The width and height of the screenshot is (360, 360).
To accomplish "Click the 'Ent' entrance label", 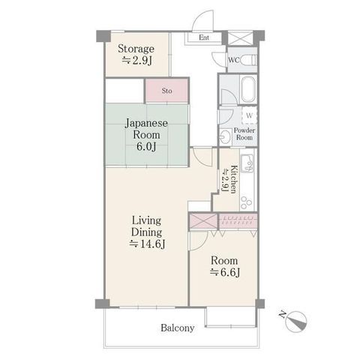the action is coord(204,37).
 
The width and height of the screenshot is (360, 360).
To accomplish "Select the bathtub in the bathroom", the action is coord(248,89).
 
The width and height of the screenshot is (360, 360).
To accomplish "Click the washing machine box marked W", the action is coord(250,115).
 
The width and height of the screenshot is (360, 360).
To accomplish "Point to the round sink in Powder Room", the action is coord(226,136).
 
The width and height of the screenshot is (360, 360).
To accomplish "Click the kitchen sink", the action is coord(247,163).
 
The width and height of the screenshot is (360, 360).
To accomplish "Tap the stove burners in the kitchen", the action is coord(246,202).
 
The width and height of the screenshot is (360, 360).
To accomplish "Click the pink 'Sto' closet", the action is coord(166,90).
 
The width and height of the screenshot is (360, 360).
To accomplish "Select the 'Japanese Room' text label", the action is coord(146,129).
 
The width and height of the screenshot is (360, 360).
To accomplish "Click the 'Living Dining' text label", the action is coord(147,226).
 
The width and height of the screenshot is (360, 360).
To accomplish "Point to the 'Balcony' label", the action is coord(178,328).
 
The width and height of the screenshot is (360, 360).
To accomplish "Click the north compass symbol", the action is coord(295,322).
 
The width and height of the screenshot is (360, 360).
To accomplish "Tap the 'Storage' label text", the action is coord(136,49).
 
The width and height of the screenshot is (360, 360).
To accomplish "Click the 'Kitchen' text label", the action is coord(233,179).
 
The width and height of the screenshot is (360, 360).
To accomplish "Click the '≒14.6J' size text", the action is coord(147,244).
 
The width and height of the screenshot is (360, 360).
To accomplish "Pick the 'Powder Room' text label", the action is coord(244,133).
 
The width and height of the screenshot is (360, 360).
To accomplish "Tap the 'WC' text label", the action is coord(234,60).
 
